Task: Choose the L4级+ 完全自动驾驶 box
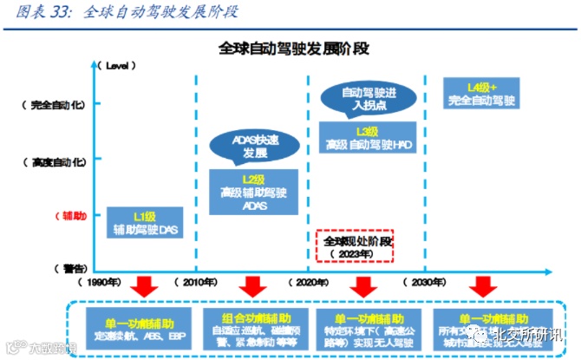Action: pos(481,94)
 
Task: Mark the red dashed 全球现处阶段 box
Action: pos(355,246)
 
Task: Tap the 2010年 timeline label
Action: pos(200,283)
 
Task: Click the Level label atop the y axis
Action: pos(121,66)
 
